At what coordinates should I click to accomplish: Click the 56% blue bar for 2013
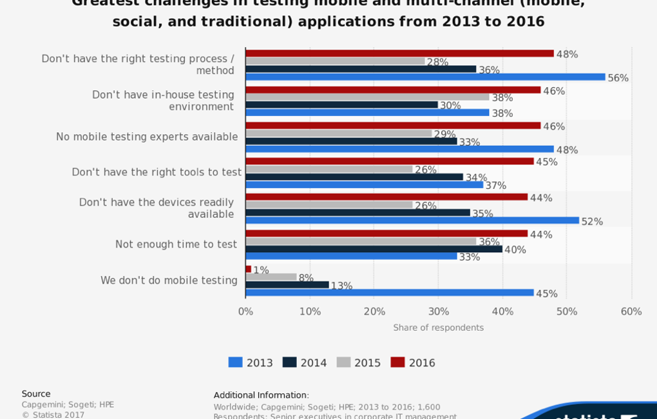pyautogui.click(x=425, y=77)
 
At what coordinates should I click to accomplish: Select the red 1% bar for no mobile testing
pyautogui.click(x=249, y=269)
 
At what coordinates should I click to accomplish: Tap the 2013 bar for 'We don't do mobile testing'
pyautogui.click(x=390, y=293)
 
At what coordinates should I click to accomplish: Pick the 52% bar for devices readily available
pyautogui.click(x=412, y=220)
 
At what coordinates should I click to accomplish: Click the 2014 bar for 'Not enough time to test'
pyautogui.click(x=374, y=249)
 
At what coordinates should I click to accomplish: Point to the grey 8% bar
pyautogui.click(x=271, y=277)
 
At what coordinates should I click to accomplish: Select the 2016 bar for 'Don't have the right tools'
pyautogui.click(x=390, y=161)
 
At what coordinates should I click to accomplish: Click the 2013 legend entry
pyautogui.click(x=251, y=363)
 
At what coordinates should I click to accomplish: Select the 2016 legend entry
pyautogui.click(x=413, y=363)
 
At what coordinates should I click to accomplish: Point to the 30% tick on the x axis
pyautogui.click(x=438, y=312)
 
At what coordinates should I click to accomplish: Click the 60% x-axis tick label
pyautogui.click(x=631, y=312)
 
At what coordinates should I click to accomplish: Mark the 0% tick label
pyautogui.click(x=245, y=312)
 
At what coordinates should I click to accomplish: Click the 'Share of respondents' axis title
pyautogui.click(x=438, y=327)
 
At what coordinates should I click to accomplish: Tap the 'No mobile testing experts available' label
pyautogui.click(x=147, y=137)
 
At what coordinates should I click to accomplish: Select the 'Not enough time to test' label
pyautogui.click(x=176, y=244)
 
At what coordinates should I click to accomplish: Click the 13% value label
pyautogui.click(x=341, y=286)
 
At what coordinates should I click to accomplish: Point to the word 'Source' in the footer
pyautogui.click(x=36, y=394)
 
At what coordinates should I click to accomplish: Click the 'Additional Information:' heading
pyautogui.click(x=261, y=395)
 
